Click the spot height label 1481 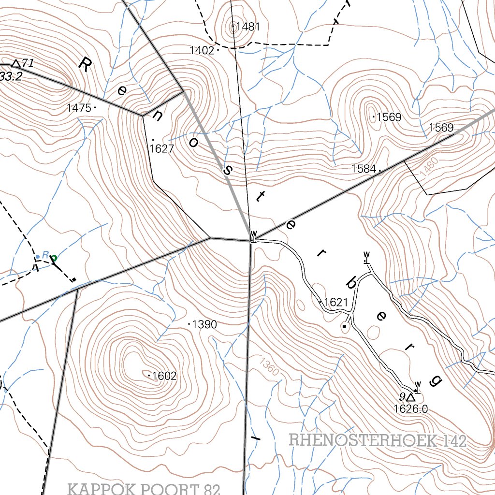[248, 27]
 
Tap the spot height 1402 [202, 50]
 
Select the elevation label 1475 [79, 108]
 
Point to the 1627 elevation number [161, 149]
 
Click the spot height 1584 [364, 169]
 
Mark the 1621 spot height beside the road [335, 303]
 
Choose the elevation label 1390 [204, 324]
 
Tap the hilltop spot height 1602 [164, 376]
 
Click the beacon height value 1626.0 [411, 409]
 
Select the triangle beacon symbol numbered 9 [410, 397]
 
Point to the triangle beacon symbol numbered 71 [16, 64]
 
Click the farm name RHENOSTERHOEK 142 [378, 441]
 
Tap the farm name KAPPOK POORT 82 [144, 489]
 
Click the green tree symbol [54, 259]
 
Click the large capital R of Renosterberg [85, 64]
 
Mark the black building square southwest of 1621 [344, 327]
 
